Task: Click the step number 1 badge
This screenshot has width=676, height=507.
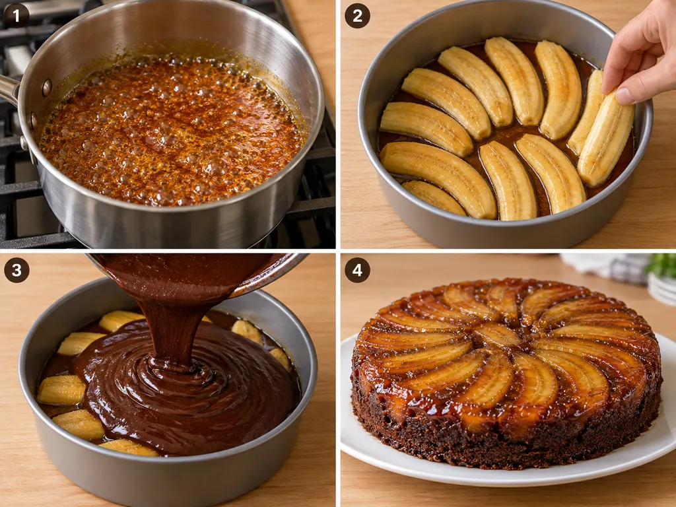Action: pyautogui.click(x=17, y=16)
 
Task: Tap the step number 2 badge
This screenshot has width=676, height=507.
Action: pyautogui.click(x=357, y=16)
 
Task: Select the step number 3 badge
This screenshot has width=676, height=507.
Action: pyautogui.click(x=17, y=270)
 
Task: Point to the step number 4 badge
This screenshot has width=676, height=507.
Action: pyautogui.click(x=357, y=270)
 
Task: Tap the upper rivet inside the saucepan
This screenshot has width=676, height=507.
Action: pyautogui.click(x=47, y=88)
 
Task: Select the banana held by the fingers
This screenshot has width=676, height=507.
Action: pyautogui.click(x=605, y=140)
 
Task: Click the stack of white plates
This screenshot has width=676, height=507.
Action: pyautogui.click(x=662, y=289)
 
